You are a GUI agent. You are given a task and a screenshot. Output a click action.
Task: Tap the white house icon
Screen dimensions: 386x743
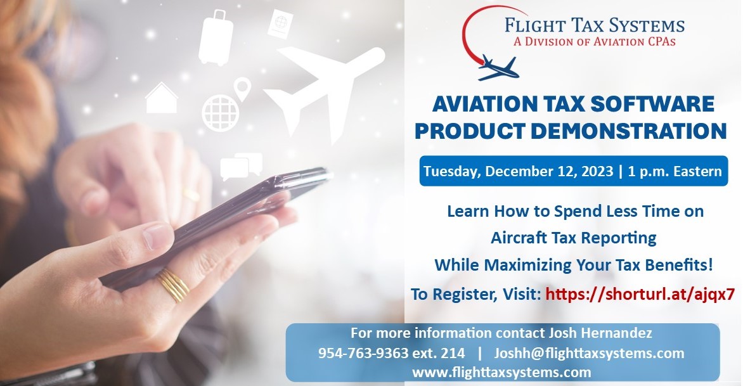point(162,98)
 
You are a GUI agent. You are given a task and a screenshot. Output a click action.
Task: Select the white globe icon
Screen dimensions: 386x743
point(216,112)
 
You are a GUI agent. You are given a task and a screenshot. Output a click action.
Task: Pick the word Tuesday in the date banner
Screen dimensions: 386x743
point(453,172)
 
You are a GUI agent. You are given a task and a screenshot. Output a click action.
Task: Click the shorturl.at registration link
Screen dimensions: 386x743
point(640,294)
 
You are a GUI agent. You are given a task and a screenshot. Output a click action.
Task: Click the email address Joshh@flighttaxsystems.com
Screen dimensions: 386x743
point(589,353)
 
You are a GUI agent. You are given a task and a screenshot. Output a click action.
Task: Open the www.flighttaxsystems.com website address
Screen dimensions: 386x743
point(501,372)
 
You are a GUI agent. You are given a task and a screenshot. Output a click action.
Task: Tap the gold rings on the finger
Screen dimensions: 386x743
point(173,285)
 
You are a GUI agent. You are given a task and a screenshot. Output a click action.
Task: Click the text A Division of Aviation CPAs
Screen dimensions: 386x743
point(595,41)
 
